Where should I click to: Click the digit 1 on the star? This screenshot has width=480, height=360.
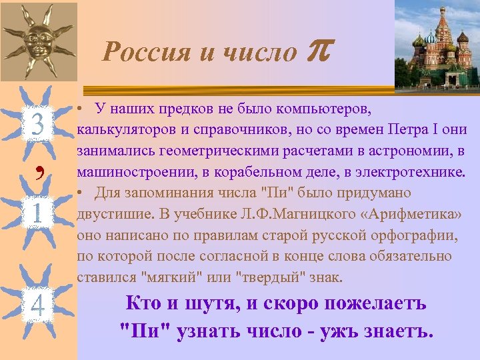[37, 214]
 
